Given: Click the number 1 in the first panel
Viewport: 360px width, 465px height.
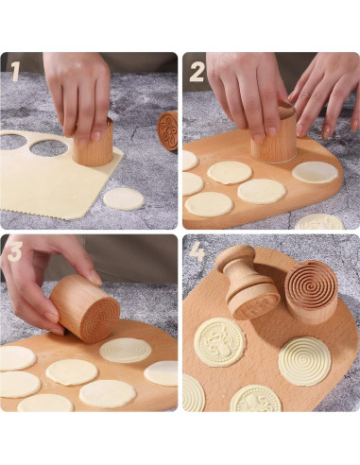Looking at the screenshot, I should coord(15,71).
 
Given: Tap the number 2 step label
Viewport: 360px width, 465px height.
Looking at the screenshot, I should coord(197,72).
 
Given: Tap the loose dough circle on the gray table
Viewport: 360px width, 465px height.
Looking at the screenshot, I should coord(123,198).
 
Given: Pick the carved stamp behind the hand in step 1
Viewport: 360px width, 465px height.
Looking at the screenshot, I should coord(168,129).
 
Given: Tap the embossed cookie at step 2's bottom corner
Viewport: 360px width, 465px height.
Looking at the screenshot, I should coord(319,223).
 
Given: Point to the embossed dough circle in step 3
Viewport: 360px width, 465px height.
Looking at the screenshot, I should coord(126,350).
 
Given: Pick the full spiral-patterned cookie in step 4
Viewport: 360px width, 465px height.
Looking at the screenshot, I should coord(304,360).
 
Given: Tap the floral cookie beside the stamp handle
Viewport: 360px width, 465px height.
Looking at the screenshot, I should coord(220,340).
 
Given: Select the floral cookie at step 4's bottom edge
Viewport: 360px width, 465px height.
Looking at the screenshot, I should coord(254,399).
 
